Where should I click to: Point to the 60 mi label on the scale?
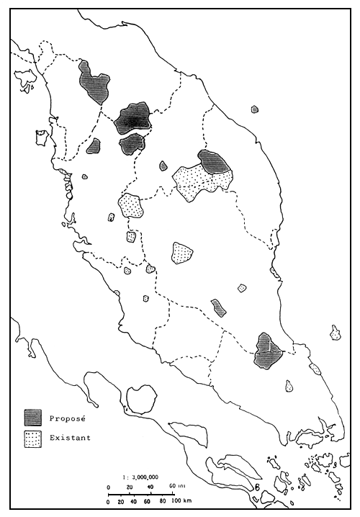[x=175, y=487]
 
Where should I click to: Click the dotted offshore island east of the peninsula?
[x=336, y=333]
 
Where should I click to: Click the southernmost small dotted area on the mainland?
[x=289, y=387]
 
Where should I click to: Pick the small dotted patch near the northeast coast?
[x=254, y=109]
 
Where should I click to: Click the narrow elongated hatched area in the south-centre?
[x=219, y=308]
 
